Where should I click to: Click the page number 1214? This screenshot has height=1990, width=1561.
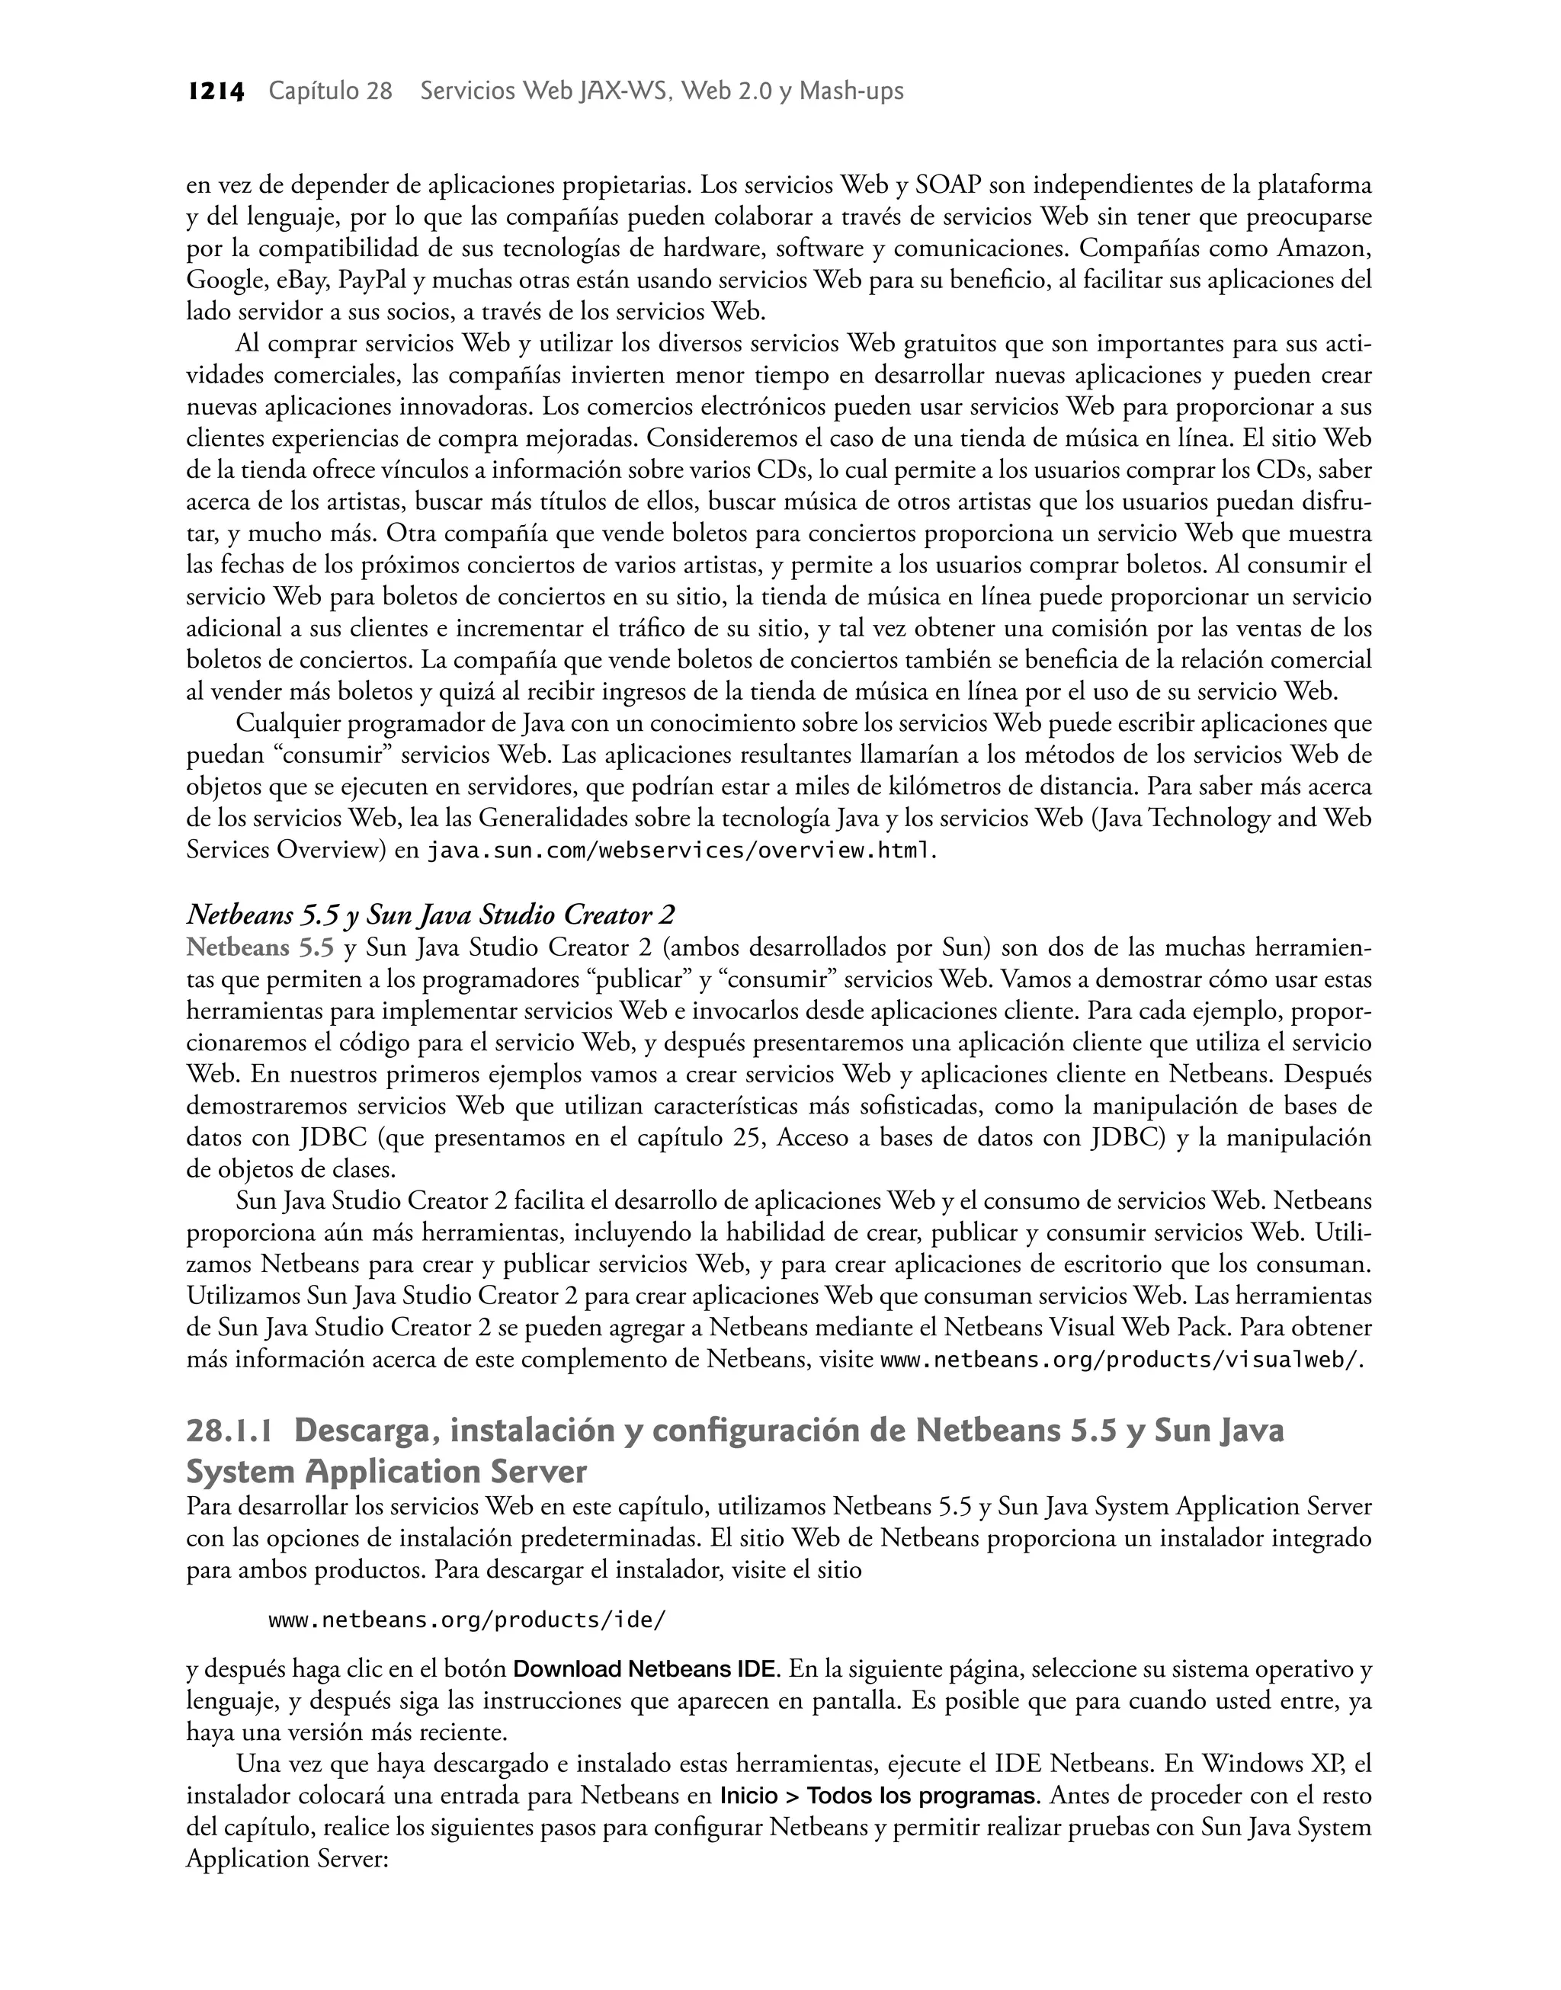click(216, 91)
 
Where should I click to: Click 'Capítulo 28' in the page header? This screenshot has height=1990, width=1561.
click(330, 91)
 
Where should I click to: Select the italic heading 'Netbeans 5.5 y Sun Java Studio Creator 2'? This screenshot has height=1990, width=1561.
click(431, 915)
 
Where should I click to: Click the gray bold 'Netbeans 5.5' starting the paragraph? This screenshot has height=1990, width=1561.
click(261, 947)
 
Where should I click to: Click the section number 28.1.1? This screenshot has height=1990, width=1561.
click(229, 1431)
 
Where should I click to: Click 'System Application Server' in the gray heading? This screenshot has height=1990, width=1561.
click(386, 1472)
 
